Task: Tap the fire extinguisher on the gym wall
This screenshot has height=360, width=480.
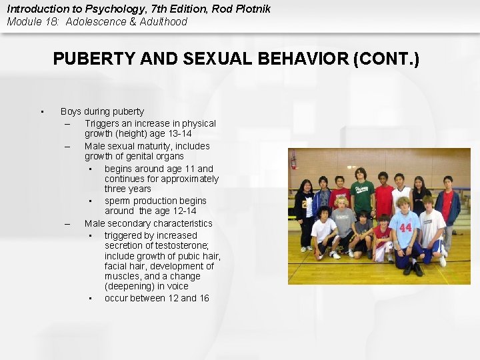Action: click(x=293, y=160)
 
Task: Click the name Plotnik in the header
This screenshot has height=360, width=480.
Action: click(x=253, y=9)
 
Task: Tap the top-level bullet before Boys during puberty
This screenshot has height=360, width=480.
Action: click(x=41, y=112)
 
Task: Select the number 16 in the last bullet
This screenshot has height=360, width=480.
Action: click(x=203, y=298)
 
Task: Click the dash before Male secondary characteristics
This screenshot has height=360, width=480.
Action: click(x=67, y=224)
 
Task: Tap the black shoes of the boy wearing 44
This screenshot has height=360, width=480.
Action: click(x=413, y=269)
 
